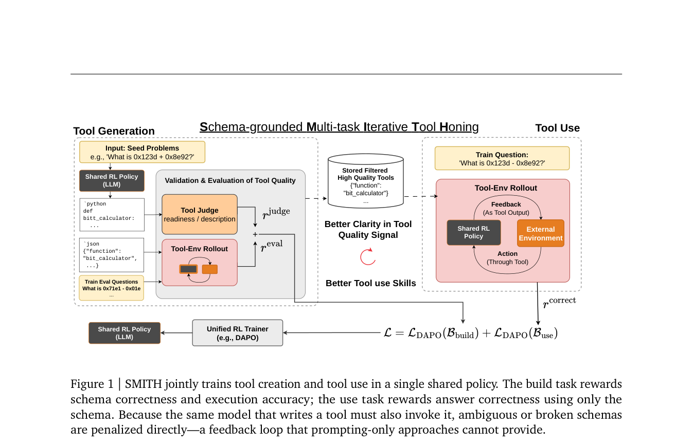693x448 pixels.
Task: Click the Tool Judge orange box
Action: tap(200, 214)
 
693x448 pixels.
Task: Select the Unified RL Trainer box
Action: tap(237, 333)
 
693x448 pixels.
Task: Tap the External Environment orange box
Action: tap(541, 233)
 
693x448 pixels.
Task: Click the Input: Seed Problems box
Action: tap(142, 152)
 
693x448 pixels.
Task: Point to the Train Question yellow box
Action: tap(502, 159)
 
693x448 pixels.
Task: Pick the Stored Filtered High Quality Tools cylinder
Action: tap(366, 181)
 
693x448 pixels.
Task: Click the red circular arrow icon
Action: tap(368, 257)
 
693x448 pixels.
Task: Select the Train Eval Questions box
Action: tap(111, 288)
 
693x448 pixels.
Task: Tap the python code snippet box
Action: tap(112, 215)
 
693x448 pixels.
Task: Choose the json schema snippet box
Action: tap(112, 255)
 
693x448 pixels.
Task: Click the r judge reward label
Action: tap(276, 213)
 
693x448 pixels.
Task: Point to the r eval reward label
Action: tap(271, 246)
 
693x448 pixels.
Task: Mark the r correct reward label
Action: tap(559, 302)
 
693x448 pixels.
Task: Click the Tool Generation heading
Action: tap(114, 131)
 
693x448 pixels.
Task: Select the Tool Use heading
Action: tap(558, 128)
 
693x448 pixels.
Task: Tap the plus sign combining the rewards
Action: tap(255, 234)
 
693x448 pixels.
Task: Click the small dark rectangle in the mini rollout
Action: tap(188, 269)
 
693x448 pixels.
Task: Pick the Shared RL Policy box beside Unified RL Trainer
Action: tap(125, 333)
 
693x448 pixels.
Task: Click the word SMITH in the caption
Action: tap(143, 384)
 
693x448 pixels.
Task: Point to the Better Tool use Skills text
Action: tap(370, 283)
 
